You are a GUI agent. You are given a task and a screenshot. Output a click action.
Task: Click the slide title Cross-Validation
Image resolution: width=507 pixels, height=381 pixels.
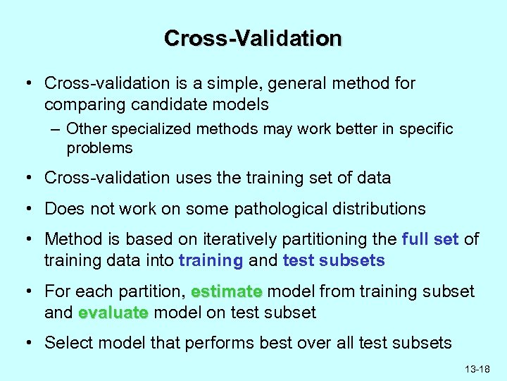point(253,38)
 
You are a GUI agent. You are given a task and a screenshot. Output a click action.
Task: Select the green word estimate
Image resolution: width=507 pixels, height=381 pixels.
point(226,291)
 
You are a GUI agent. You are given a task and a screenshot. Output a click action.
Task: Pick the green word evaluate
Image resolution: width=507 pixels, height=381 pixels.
point(113,313)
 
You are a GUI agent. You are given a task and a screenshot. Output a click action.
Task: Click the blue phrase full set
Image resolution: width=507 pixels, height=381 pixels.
point(430,239)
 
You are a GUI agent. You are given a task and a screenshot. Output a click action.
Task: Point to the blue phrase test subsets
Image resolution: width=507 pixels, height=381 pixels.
point(333,260)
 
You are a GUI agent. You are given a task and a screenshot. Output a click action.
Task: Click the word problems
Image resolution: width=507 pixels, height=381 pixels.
point(99,147)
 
